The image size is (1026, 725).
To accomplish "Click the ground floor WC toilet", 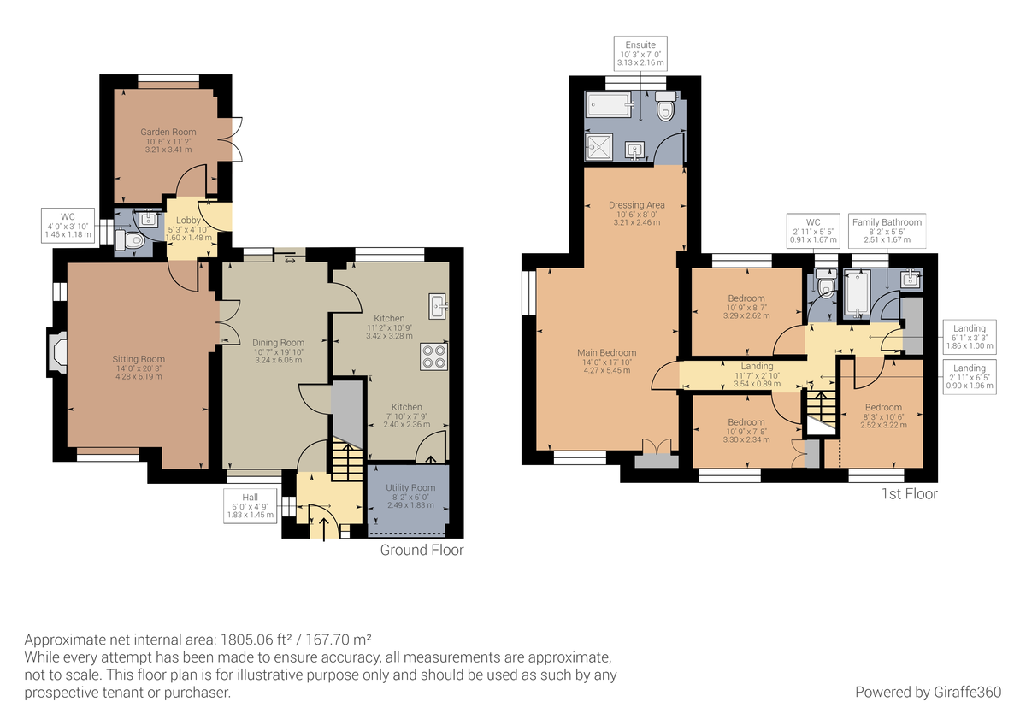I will coord(133,242).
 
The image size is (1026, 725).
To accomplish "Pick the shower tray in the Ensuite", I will coord(600,147).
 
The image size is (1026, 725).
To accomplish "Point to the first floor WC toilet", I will coord(824,286).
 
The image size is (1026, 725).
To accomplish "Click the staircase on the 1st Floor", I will coord(819,411).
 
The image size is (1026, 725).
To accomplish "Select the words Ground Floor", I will coord(422,550).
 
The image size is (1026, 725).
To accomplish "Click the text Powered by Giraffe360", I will coord(928,691).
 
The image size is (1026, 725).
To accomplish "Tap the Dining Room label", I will coord(279,351).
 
